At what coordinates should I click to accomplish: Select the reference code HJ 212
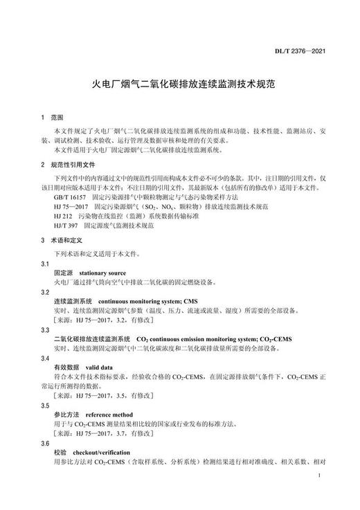tap(64, 216)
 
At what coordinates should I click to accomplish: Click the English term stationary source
tap(105, 273)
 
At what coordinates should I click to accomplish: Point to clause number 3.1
tap(45, 264)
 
